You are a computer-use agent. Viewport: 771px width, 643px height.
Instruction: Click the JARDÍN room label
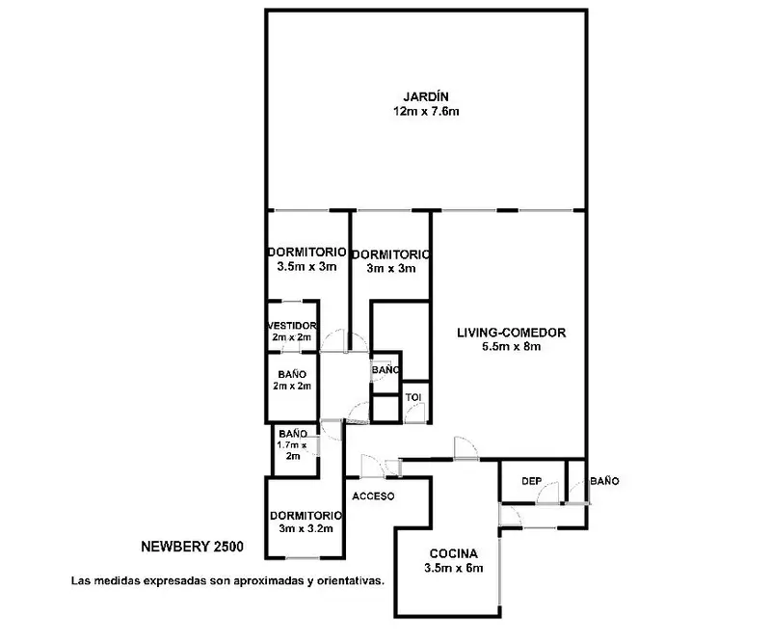[426, 96]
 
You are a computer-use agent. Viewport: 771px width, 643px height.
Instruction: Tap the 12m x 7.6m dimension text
[426, 111]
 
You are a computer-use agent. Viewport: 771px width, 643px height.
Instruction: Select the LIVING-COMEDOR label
[512, 333]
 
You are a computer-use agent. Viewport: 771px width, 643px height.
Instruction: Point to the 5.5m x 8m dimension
[512, 346]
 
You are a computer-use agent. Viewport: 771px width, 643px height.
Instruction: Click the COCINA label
[453, 554]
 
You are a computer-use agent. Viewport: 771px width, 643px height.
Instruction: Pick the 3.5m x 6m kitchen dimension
[453, 568]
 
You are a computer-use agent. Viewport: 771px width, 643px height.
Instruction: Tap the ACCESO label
[373, 496]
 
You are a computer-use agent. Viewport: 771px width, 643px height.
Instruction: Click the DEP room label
[532, 481]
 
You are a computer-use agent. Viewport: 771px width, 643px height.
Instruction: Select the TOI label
[413, 397]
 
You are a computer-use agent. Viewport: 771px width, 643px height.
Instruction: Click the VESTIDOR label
[292, 326]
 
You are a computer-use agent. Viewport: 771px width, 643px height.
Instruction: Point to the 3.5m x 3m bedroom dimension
[306, 267]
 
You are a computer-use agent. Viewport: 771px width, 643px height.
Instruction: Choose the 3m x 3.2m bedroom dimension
[306, 529]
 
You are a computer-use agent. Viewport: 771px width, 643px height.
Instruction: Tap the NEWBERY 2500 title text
[192, 547]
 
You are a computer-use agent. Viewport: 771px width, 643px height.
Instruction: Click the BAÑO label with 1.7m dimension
[293, 434]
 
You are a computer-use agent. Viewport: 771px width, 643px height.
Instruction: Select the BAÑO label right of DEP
[604, 481]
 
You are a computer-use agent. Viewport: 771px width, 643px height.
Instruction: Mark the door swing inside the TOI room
[416, 413]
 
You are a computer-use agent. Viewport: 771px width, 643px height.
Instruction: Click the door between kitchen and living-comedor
[465, 447]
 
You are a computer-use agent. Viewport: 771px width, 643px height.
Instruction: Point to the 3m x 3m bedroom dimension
[391, 269]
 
